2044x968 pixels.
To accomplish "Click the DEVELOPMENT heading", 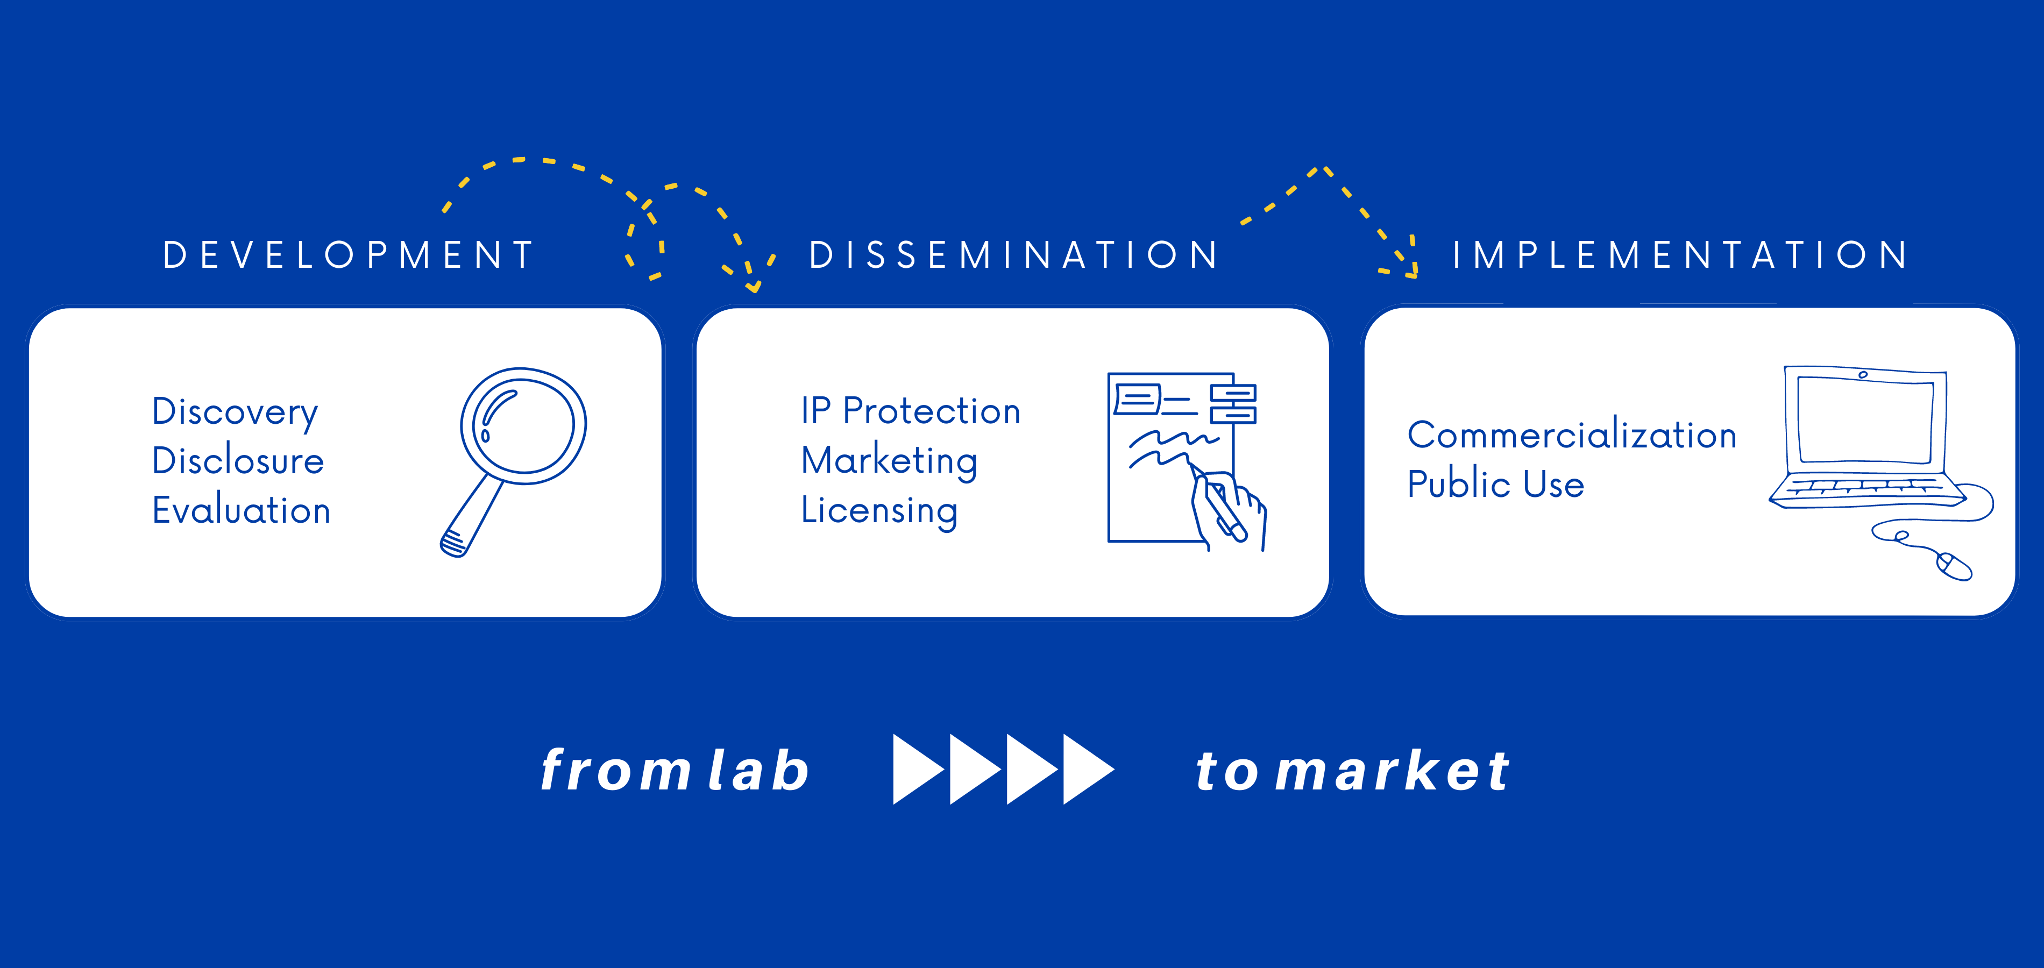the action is point(349,255).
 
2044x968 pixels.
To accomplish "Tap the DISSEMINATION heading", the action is point(1013,255).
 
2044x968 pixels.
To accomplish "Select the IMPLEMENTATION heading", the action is point(1680,255).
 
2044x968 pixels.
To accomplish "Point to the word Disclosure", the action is point(238,460).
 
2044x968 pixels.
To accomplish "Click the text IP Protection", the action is point(910,411).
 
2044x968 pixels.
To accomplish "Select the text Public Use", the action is point(1496,484).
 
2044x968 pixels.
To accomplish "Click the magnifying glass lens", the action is point(524,426).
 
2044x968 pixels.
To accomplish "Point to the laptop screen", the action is point(1865,421).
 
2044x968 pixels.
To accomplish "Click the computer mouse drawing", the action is point(1954,566).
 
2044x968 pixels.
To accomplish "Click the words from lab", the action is point(675,770).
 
